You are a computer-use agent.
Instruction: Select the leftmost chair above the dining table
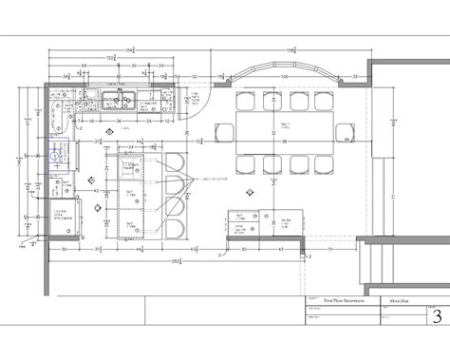[x=247, y=102]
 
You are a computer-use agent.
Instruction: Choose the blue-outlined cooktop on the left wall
[x=56, y=155]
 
